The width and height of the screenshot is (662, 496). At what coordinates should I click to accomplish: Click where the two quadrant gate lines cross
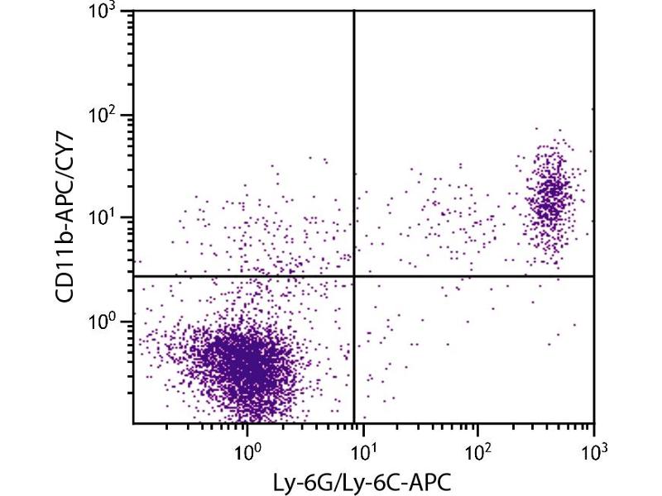(x=354, y=276)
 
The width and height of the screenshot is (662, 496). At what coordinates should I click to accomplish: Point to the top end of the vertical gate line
(x=354, y=11)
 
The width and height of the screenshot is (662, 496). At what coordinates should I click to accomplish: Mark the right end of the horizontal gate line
(x=594, y=276)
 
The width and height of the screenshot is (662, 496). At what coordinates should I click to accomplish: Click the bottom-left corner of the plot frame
(x=134, y=423)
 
